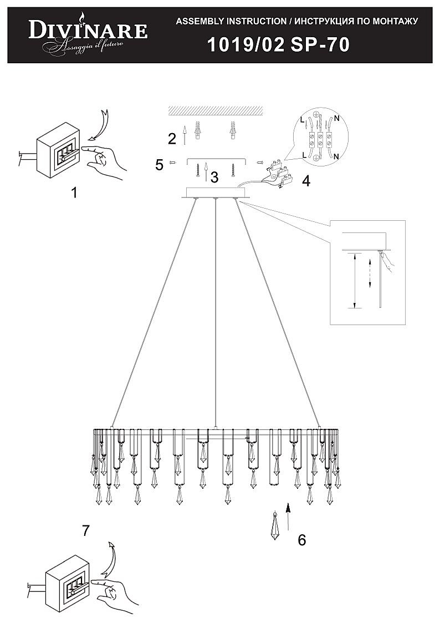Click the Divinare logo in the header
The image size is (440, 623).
(88, 33)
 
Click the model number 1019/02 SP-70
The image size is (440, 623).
(278, 44)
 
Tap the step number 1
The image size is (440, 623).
(74, 193)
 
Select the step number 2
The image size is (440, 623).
(172, 138)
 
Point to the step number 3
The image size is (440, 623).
(214, 178)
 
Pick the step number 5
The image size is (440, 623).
(160, 165)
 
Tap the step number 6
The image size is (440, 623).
(301, 539)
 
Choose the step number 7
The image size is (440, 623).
(85, 530)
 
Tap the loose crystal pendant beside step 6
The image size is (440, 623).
(275, 526)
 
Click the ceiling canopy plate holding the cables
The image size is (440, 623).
(215, 193)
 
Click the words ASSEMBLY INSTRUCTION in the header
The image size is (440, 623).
(230, 22)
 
